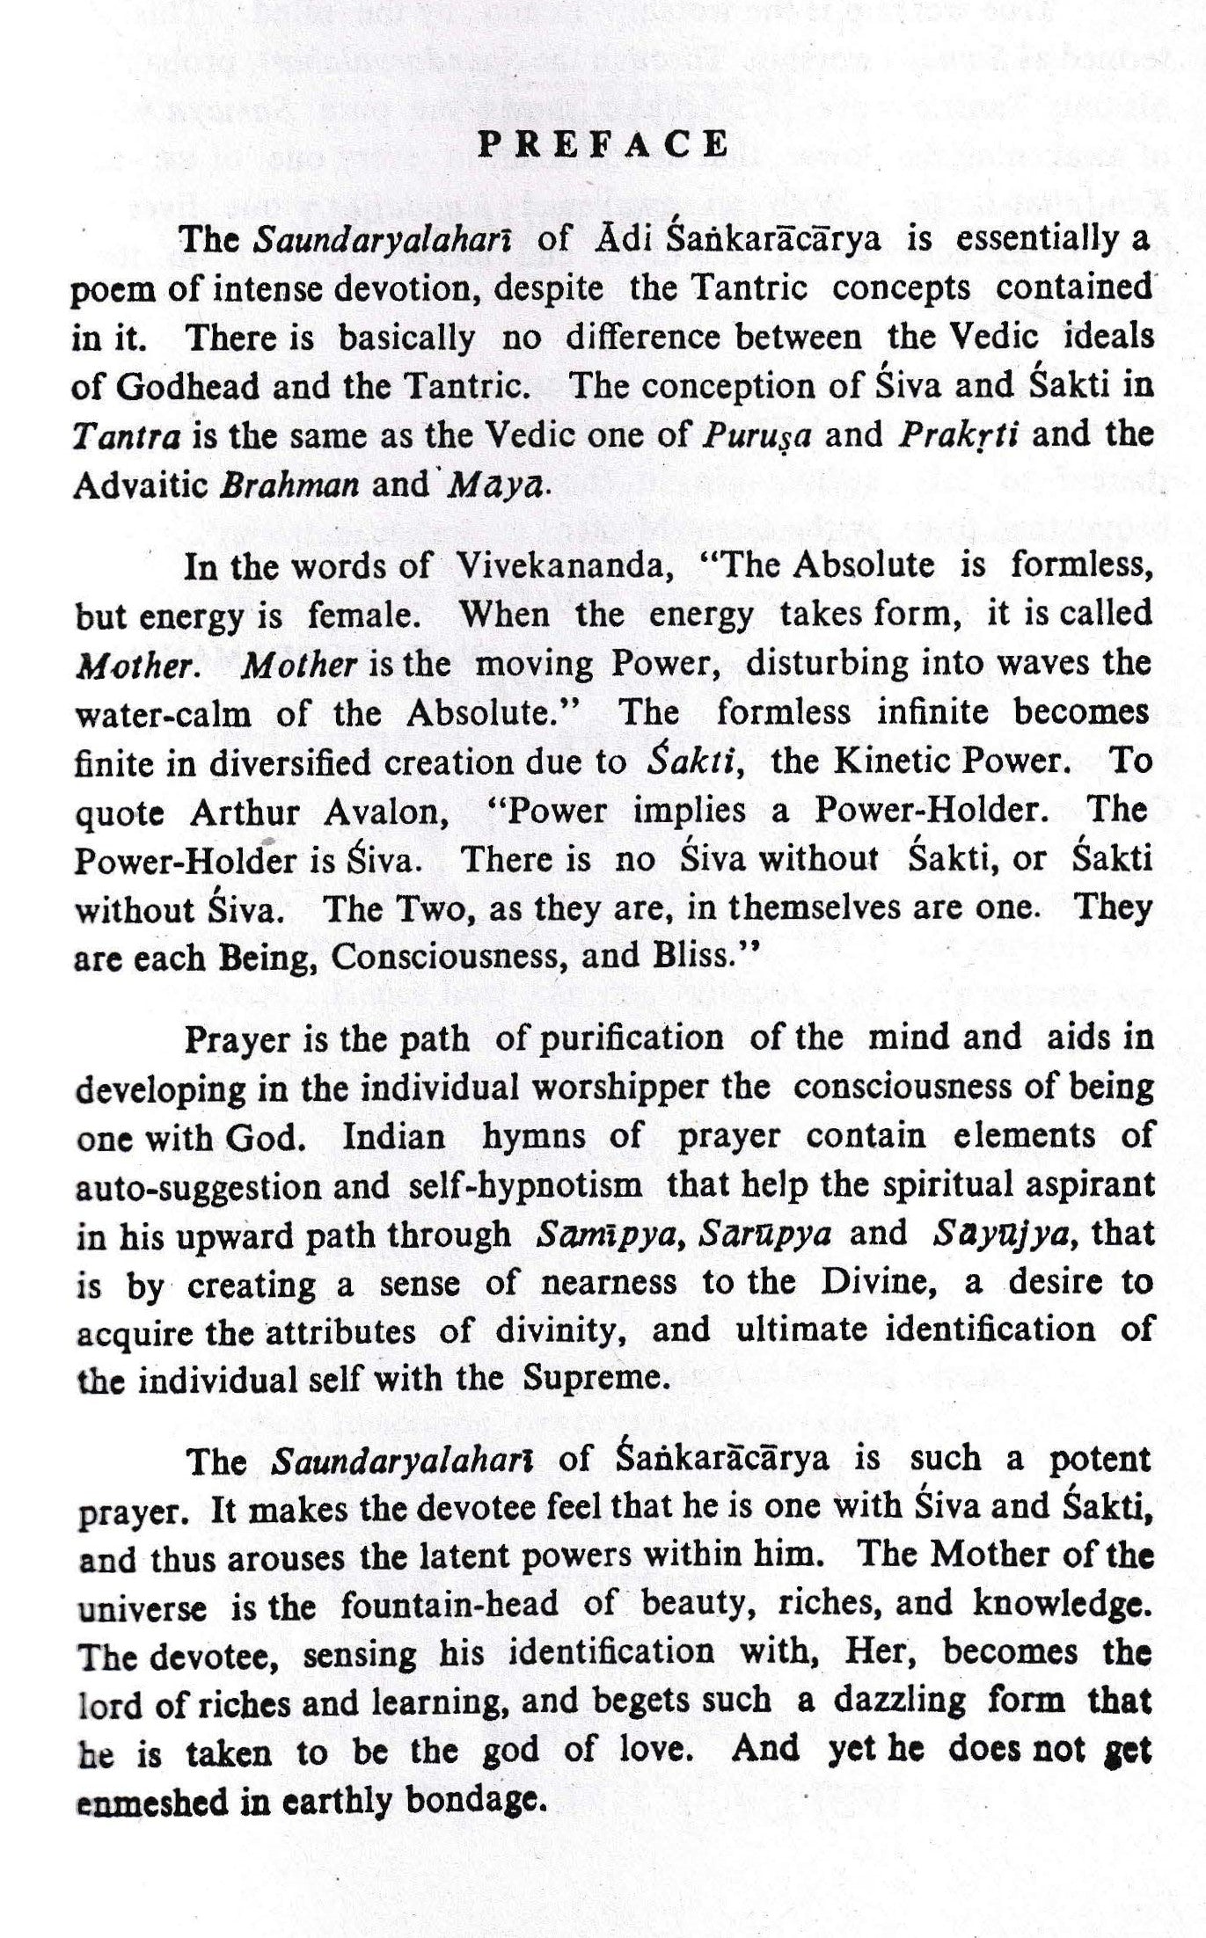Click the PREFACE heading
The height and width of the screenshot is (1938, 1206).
pyautogui.click(x=603, y=143)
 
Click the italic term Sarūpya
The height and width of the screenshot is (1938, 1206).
pyautogui.click(x=765, y=1235)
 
